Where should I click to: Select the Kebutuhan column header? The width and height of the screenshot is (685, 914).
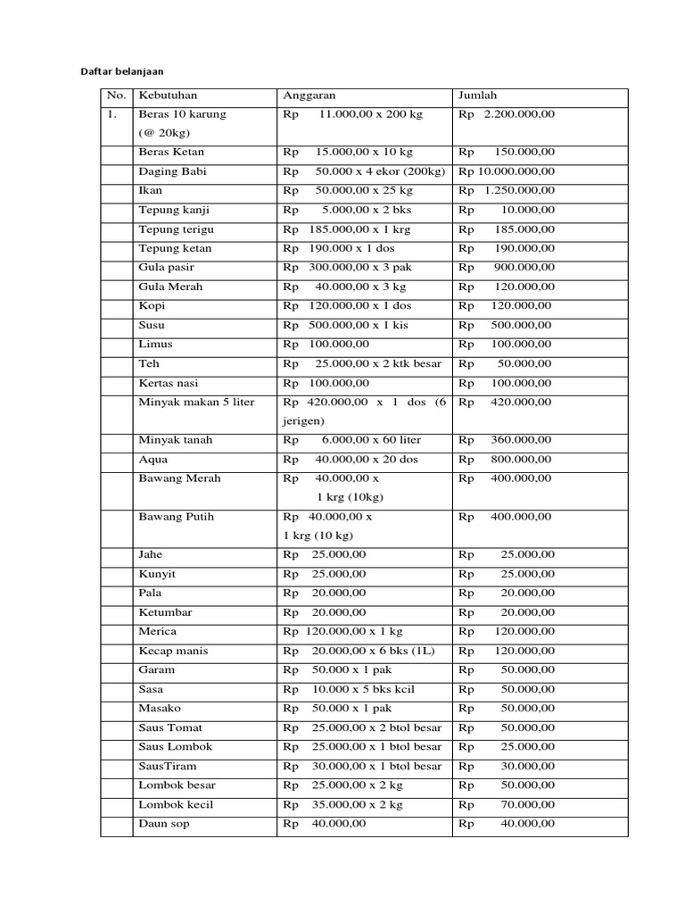(168, 96)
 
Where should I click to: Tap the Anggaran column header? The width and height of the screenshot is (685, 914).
(309, 96)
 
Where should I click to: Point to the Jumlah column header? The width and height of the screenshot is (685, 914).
(480, 96)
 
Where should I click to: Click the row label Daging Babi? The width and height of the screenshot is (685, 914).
(172, 171)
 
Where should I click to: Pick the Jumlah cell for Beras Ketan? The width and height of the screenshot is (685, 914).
(506, 153)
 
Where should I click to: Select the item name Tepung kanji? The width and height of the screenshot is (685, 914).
(176, 210)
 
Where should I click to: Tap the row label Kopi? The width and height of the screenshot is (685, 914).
(152, 306)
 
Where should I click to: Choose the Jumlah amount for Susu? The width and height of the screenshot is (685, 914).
(506, 325)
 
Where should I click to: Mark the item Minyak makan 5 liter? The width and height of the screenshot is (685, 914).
(196, 402)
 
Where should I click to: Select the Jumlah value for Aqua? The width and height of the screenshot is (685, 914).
(506, 460)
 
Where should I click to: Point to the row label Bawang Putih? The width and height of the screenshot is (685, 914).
(177, 517)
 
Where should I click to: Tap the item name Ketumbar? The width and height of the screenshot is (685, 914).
(165, 612)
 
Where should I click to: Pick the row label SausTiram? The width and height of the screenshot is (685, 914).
(168, 766)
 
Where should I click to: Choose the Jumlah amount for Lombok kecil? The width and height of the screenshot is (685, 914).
(506, 804)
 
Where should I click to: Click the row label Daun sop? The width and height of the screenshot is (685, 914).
(164, 824)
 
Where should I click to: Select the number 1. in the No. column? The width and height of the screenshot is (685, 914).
(113, 114)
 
